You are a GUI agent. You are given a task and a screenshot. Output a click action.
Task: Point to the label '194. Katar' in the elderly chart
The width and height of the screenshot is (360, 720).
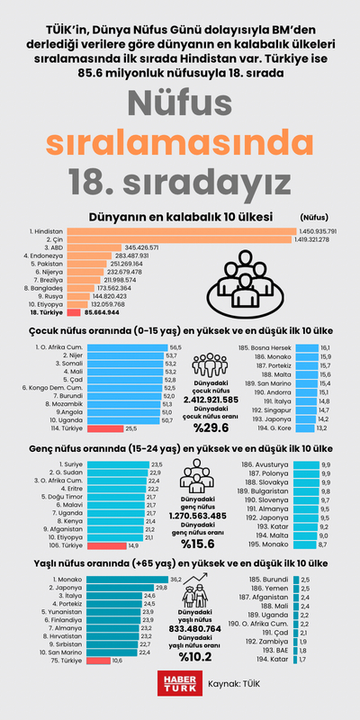pyautogui.click(x=271, y=659)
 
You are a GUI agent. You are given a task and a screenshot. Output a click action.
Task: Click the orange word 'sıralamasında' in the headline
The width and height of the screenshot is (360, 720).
pyautogui.click(x=180, y=140)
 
